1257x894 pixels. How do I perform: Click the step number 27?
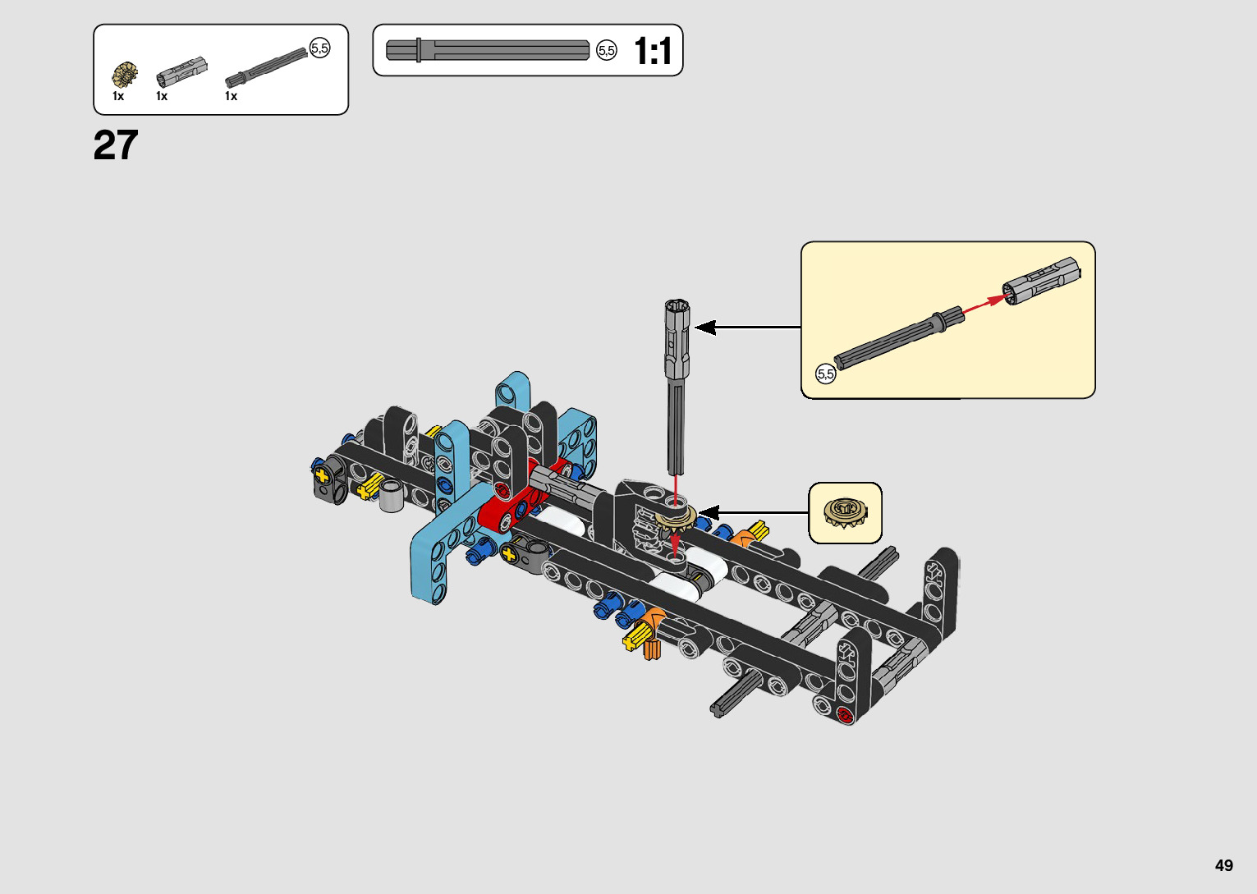(116, 144)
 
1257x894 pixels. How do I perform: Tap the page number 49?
(1224, 864)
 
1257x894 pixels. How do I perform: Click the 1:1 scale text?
(653, 51)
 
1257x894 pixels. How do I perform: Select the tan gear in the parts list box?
(125, 75)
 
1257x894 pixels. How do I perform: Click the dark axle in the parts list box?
(267, 68)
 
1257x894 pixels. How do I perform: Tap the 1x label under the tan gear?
(118, 97)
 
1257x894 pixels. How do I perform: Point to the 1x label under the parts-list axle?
(232, 97)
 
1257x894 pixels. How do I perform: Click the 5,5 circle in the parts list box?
(320, 48)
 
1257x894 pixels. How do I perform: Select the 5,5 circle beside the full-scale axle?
(607, 51)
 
